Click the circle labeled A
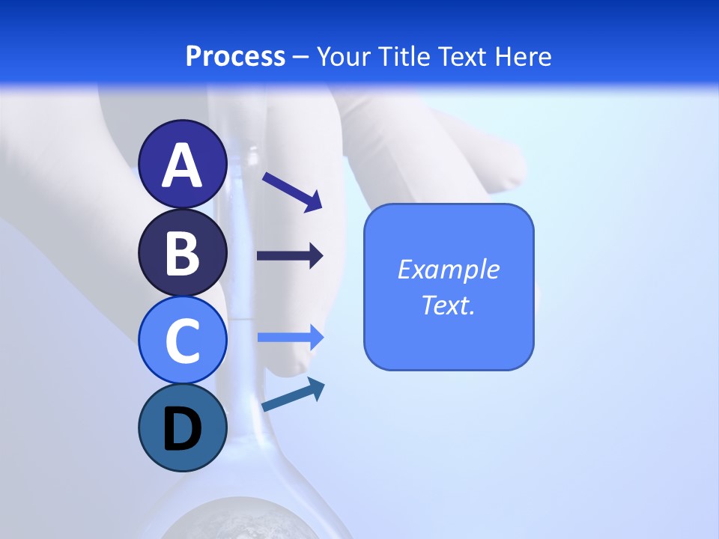(x=183, y=165)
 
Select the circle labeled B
(x=183, y=252)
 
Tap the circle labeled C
(x=183, y=340)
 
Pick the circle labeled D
(x=183, y=427)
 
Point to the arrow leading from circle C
(x=290, y=338)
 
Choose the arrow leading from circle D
(x=293, y=395)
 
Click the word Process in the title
(x=235, y=56)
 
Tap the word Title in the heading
(x=404, y=56)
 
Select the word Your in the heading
(x=345, y=56)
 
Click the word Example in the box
(x=448, y=269)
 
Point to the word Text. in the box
(x=448, y=305)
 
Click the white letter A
(x=183, y=166)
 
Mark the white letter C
(x=183, y=341)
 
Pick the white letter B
(x=183, y=253)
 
